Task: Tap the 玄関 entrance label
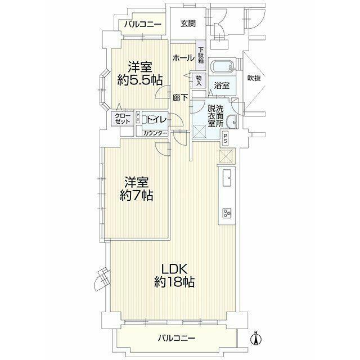click(188, 24)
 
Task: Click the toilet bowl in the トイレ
click(145, 119)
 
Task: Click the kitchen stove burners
click(227, 213)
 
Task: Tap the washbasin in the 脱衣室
click(232, 121)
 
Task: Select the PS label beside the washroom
click(225, 137)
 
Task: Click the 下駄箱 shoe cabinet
click(201, 56)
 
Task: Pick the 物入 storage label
click(199, 80)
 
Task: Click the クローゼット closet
click(123, 119)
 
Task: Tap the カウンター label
click(155, 133)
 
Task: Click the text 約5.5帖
click(140, 80)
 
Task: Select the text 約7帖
click(136, 195)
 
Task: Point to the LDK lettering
click(174, 269)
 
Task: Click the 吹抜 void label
click(254, 78)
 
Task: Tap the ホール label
click(183, 57)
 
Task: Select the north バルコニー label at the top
click(142, 24)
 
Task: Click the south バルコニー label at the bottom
click(177, 338)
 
